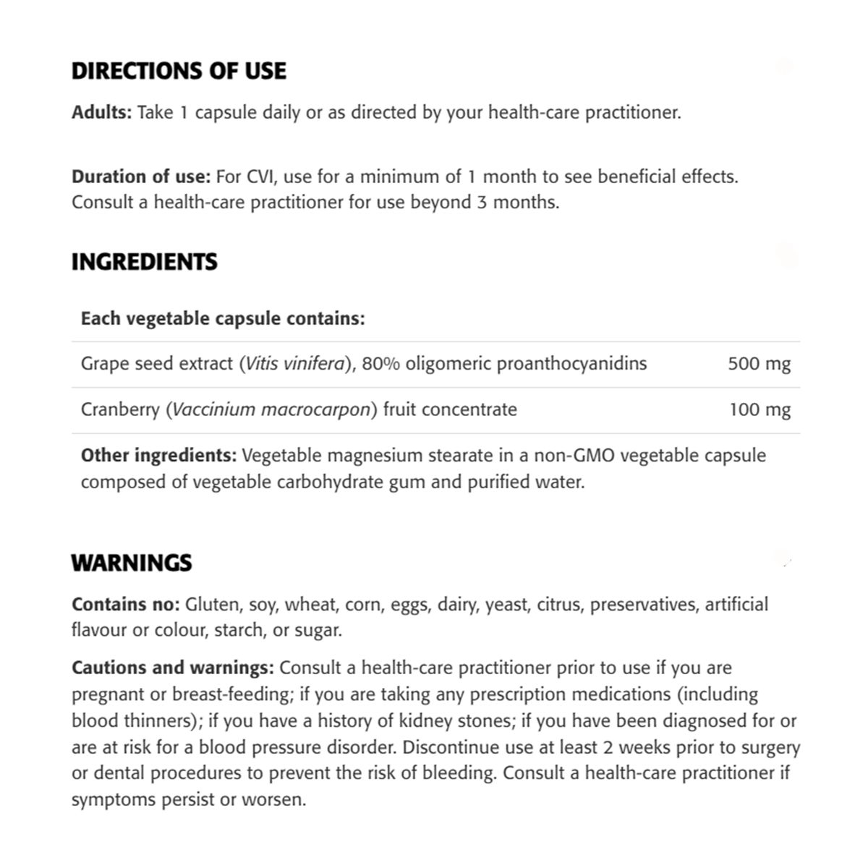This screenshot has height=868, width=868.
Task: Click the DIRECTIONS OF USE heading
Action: click(179, 71)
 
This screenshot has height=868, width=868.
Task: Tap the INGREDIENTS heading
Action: click(144, 262)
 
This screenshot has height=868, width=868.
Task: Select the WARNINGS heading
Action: click(132, 563)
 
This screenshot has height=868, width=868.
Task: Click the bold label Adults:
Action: click(101, 113)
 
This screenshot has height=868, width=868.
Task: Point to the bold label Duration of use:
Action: click(141, 176)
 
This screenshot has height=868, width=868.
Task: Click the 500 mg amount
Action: click(759, 364)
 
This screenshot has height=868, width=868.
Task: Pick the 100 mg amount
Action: click(759, 409)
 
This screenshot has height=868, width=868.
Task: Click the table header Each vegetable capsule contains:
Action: click(223, 318)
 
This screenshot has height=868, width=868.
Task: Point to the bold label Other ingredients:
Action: click(158, 456)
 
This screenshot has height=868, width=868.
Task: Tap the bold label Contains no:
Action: click(125, 605)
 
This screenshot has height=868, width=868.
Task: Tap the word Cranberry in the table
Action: click(120, 409)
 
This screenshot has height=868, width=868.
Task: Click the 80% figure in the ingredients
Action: click(380, 363)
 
